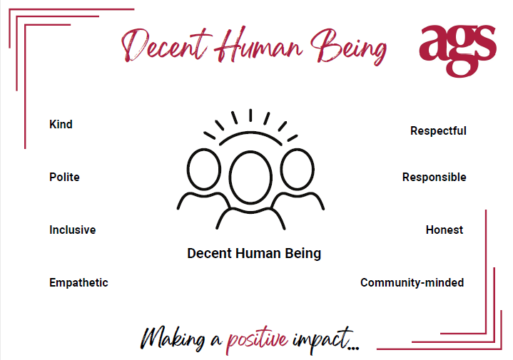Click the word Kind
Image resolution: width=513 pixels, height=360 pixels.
coord(61,124)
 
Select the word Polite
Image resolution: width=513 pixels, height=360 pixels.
coord(64,177)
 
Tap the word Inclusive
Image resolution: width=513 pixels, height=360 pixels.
coord(72,230)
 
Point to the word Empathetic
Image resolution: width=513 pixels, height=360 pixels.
coord(78,282)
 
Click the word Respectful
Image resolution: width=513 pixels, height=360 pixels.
coord(438,130)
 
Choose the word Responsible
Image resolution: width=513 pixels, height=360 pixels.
coord(434,178)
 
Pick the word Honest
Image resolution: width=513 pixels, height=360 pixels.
coord(445,230)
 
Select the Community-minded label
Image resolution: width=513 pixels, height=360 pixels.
coord(412,282)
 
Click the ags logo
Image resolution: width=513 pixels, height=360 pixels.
coord(458,51)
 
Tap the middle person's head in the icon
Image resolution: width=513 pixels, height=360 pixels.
coord(250,151)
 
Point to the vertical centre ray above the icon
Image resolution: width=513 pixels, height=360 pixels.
coord(250,115)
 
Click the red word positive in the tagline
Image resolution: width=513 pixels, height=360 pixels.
coord(257,340)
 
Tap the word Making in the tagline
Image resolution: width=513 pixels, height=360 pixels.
coord(173,339)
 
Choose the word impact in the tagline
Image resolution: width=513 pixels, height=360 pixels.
coord(322,340)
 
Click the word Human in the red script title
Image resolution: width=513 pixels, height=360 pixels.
coord(258,45)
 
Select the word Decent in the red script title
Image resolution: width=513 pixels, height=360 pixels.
coord(166,45)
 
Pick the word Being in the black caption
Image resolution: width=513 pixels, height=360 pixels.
coord(303,254)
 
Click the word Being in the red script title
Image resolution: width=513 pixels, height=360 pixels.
coord(348,47)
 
